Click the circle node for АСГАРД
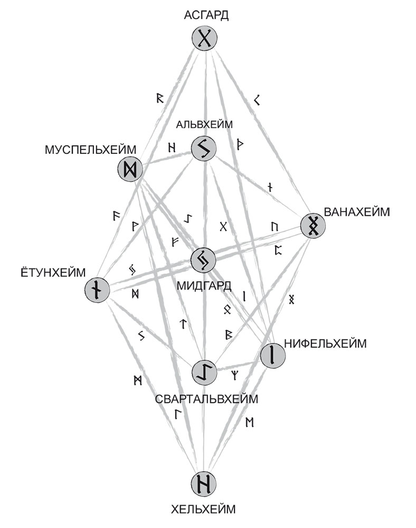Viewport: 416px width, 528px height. coord(204,39)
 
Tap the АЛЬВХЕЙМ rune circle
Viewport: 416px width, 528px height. coord(204,149)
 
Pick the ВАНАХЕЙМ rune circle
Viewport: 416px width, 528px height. coord(313,226)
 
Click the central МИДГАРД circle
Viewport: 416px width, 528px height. coord(204,260)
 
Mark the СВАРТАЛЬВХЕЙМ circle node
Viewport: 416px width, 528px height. coord(204,372)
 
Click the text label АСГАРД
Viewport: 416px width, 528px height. coord(206,15)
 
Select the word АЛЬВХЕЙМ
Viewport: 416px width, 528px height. coord(204,125)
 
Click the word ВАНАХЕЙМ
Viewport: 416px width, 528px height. coord(357,212)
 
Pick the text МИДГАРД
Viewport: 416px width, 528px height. coord(204,286)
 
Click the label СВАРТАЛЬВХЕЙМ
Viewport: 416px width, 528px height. coord(206,398)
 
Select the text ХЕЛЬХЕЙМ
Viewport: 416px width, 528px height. coord(204,510)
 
